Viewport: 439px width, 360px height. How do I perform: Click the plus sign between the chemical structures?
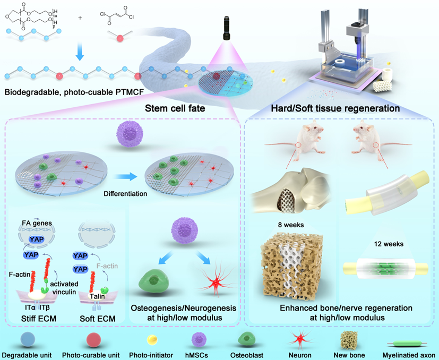pyautogui.click(x=81, y=17)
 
